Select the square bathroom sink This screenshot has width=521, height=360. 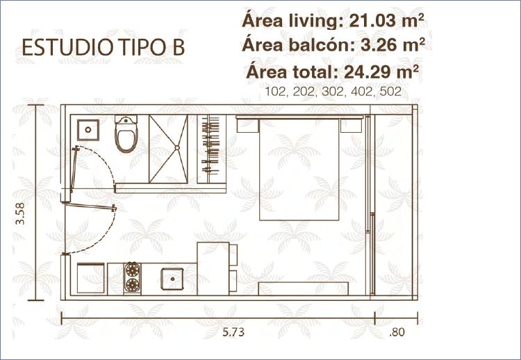pyautogui.click(x=88, y=130)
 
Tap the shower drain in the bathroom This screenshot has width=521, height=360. pyautogui.click(x=177, y=147)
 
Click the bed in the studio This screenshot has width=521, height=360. pyautogui.click(x=299, y=168)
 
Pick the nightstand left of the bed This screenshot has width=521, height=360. pyautogui.click(x=248, y=125)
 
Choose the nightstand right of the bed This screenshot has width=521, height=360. pyautogui.click(x=351, y=125)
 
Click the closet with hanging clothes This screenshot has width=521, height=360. pyautogui.click(x=212, y=149)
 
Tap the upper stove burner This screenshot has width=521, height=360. pyautogui.click(x=132, y=270)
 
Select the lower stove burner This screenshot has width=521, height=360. pyautogui.click(x=132, y=285)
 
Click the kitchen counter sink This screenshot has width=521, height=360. pyautogui.click(x=172, y=279)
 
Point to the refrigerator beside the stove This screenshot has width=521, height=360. pyautogui.click(x=91, y=278)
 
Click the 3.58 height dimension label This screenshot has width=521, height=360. pyautogui.click(x=20, y=213)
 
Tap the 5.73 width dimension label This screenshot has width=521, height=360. pyautogui.click(x=233, y=332)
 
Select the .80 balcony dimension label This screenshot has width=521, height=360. pyautogui.click(x=397, y=332)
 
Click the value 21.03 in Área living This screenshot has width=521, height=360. pyautogui.click(x=372, y=21)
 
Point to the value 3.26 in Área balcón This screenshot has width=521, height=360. pyautogui.click(x=376, y=45)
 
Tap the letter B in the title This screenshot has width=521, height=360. pyautogui.click(x=178, y=47)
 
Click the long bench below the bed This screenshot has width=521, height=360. pyautogui.click(x=304, y=288)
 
